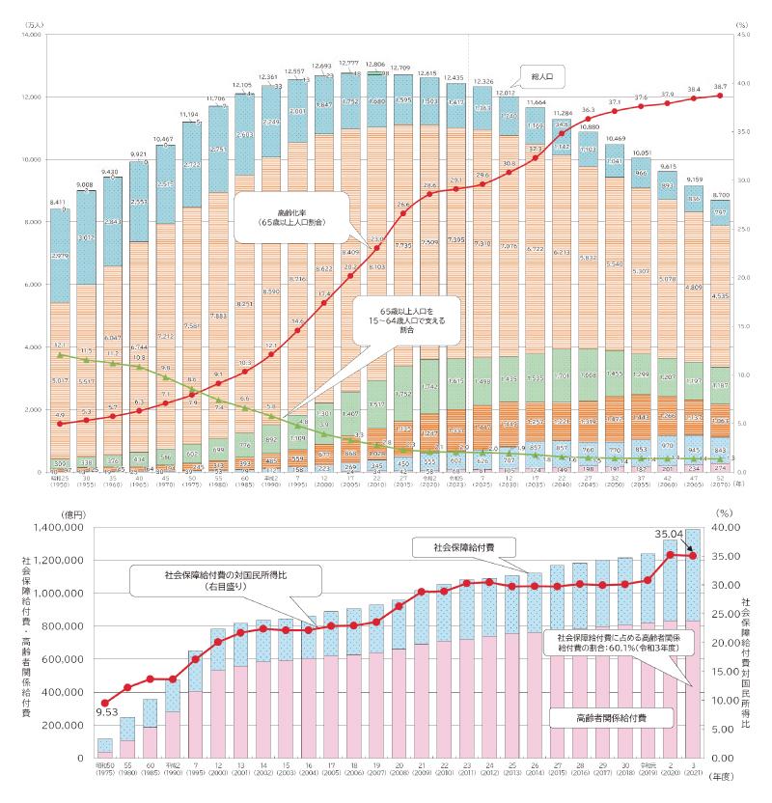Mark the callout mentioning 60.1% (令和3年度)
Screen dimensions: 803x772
(x=620, y=644)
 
